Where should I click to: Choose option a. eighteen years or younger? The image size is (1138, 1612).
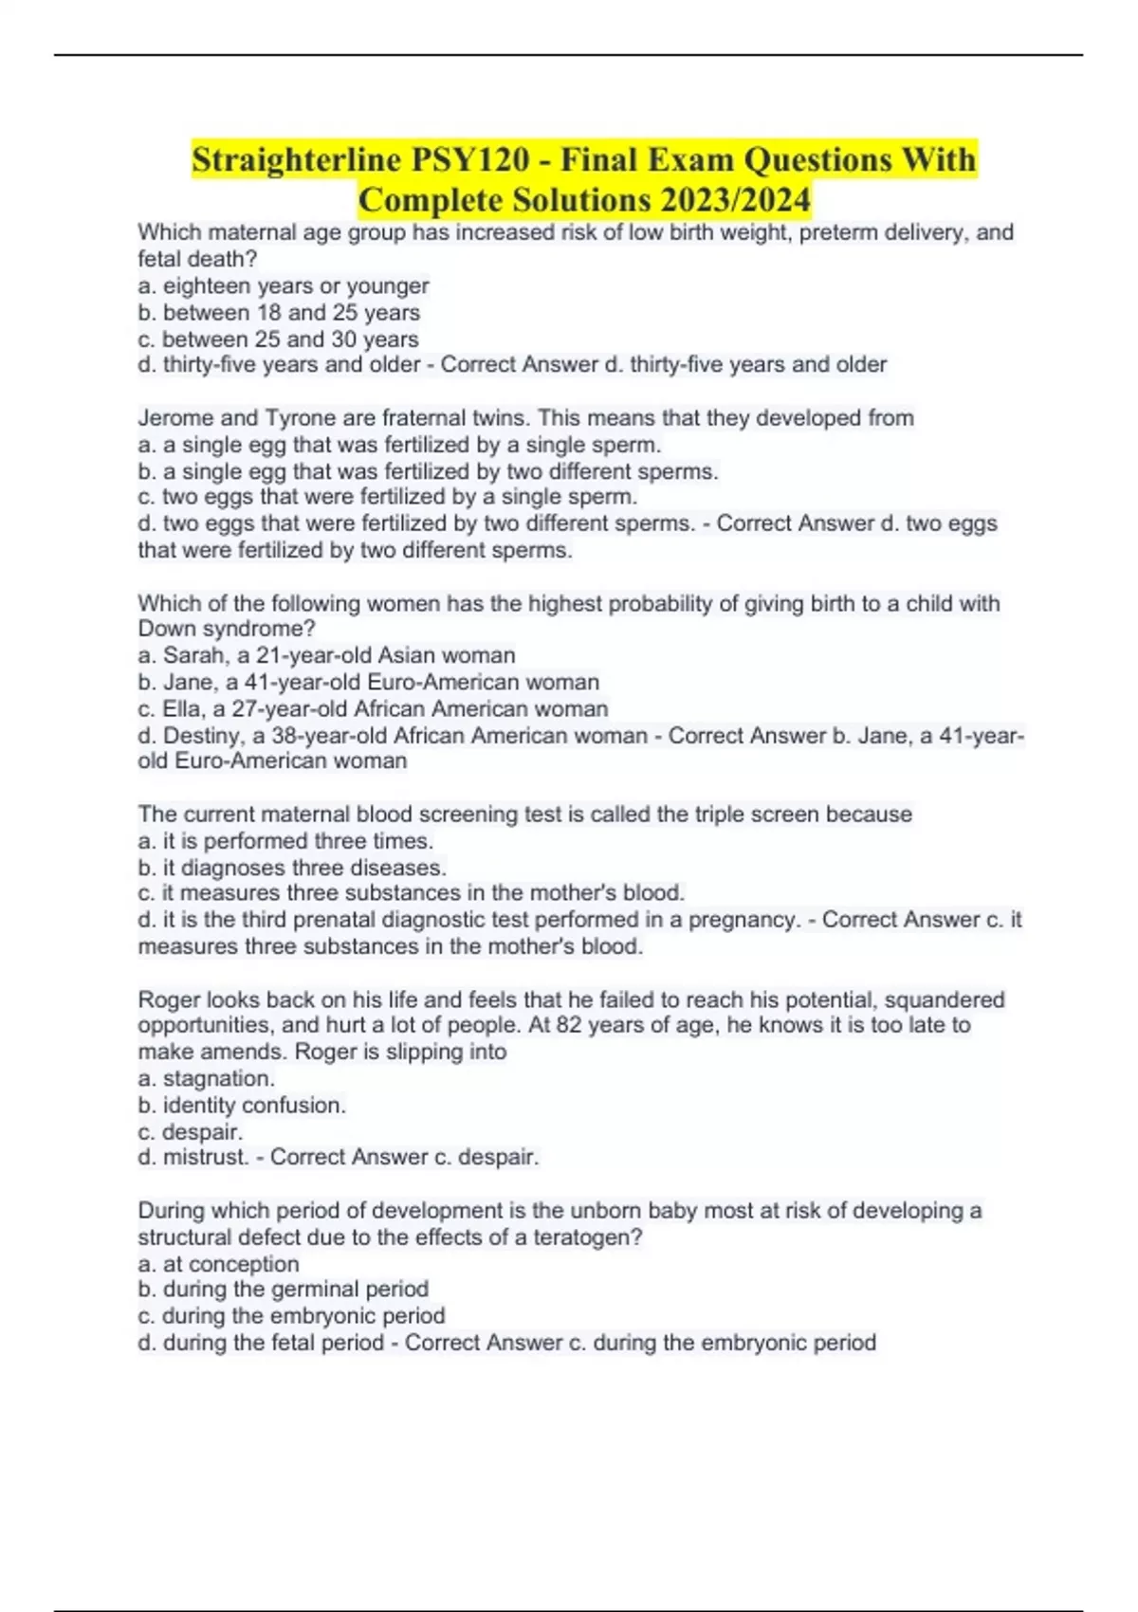pyautogui.click(x=284, y=285)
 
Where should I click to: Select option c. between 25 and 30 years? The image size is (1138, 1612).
pyautogui.click(x=278, y=339)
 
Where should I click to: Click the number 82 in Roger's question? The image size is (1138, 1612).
pyautogui.click(x=569, y=1025)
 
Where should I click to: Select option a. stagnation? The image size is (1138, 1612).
pyautogui.click(x=207, y=1078)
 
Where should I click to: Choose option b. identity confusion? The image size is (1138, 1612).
pyautogui.click(x=242, y=1105)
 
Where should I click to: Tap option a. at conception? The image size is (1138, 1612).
pyautogui.click(x=218, y=1264)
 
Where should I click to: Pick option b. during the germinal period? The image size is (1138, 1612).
pyautogui.click(x=283, y=1289)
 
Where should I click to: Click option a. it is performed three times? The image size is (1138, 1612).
pyautogui.click(x=285, y=841)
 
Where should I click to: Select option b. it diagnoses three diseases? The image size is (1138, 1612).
pyautogui.click(x=292, y=868)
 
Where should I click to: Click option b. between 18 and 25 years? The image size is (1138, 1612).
pyautogui.click(x=279, y=312)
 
